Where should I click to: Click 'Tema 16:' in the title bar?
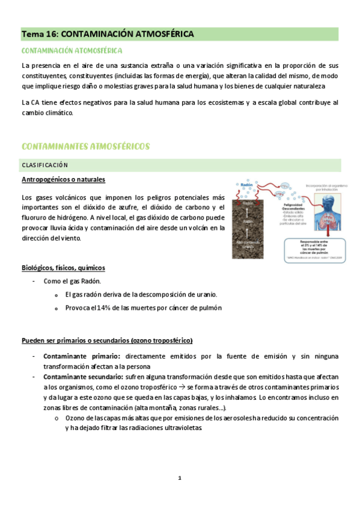(x=40, y=35)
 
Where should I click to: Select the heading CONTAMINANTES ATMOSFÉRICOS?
(x=85, y=147)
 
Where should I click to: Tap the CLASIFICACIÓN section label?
(x=45, y=165)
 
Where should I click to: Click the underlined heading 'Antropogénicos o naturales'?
(x=63, y=180)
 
